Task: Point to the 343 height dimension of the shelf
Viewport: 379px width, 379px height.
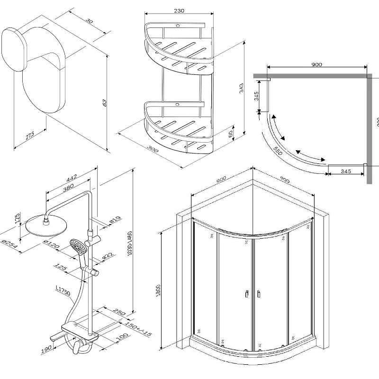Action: (x=241, y=88)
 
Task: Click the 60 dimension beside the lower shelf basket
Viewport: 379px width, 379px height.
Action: (x=230, y=134)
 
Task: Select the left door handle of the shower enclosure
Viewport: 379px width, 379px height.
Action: (x=247, y=294)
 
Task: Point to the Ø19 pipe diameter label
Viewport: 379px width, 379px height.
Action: (x=113, y=220)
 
